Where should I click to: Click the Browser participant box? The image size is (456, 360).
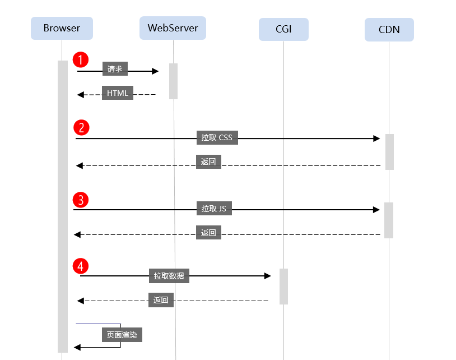(62, 28)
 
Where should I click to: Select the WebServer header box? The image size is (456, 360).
(173, 28)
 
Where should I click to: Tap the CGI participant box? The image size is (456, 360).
(283, 29)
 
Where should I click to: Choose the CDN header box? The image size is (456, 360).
(389, 30)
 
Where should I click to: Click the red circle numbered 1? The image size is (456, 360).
(81, 59)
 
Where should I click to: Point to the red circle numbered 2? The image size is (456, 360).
(81, 127)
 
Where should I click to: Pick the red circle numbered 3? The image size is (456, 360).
(81, 200)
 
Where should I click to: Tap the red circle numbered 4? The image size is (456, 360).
(81, 266)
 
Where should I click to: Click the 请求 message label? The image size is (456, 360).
(115, 68)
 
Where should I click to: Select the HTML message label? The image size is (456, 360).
(118, 93)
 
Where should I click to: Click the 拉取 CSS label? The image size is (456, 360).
(217, 137)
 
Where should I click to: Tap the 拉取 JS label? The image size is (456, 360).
(214, 209)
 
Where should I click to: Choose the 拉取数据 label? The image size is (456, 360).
(169, 276)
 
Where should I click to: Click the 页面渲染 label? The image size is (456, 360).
(122, 335)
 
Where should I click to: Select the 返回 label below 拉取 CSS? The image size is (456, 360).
(208, 162)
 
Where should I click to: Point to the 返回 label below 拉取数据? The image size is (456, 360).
(161, 300)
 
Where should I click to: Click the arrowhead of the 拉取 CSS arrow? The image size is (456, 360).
(376, 139)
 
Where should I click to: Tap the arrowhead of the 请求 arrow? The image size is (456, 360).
(155, 71)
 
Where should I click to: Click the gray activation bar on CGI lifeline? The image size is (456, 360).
(283, 287)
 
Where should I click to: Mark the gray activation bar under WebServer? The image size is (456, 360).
(173, 81)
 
